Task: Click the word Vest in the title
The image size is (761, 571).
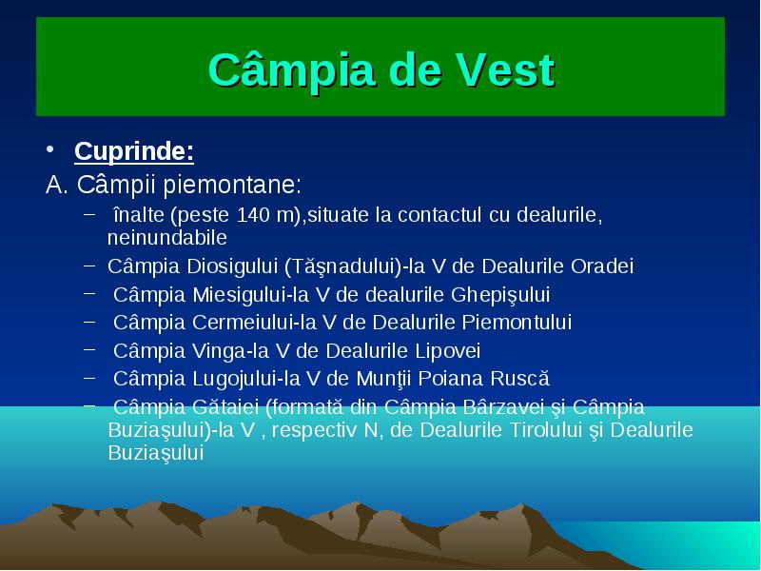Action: click(505, 70)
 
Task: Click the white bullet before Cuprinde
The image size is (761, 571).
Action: click(50, 149)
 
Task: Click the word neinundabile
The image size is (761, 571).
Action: click(167, 237)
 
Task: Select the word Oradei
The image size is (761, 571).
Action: click(602, 266)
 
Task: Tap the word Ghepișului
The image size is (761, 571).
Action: click(500, 295)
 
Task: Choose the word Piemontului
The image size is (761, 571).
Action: click(517, 323)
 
